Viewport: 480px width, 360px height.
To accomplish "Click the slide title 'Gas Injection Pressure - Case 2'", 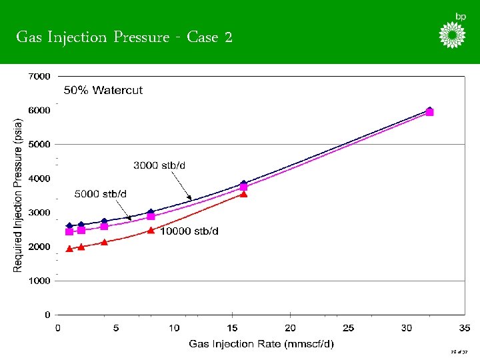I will [124, 37].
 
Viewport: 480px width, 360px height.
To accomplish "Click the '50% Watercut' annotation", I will [103, 90].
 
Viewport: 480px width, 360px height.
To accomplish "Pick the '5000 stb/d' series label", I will [100, 193].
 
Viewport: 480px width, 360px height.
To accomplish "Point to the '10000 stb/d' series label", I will [189, 231].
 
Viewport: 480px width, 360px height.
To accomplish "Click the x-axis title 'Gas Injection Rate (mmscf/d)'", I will [261, 344].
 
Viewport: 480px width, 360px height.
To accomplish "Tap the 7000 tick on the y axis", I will [39, 77].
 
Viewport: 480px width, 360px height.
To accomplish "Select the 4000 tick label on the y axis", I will [39, 179].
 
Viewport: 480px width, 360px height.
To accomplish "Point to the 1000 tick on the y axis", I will [39, 281].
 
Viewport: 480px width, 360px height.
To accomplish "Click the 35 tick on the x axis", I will [465, 327].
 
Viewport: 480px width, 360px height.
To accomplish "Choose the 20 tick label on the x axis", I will [290, 327].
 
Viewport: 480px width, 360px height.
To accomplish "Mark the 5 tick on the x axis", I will [116, 327].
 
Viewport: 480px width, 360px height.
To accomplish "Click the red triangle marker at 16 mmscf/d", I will [243, 194].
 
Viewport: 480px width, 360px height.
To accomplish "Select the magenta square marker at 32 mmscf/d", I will [429, 113].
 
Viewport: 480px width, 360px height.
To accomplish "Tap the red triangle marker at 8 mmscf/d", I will [151, 230].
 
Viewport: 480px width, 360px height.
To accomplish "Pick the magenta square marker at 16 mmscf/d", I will [243, 187].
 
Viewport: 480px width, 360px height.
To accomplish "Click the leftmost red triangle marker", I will [69, 249].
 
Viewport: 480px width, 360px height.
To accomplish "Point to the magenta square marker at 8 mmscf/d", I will [151, 216].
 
